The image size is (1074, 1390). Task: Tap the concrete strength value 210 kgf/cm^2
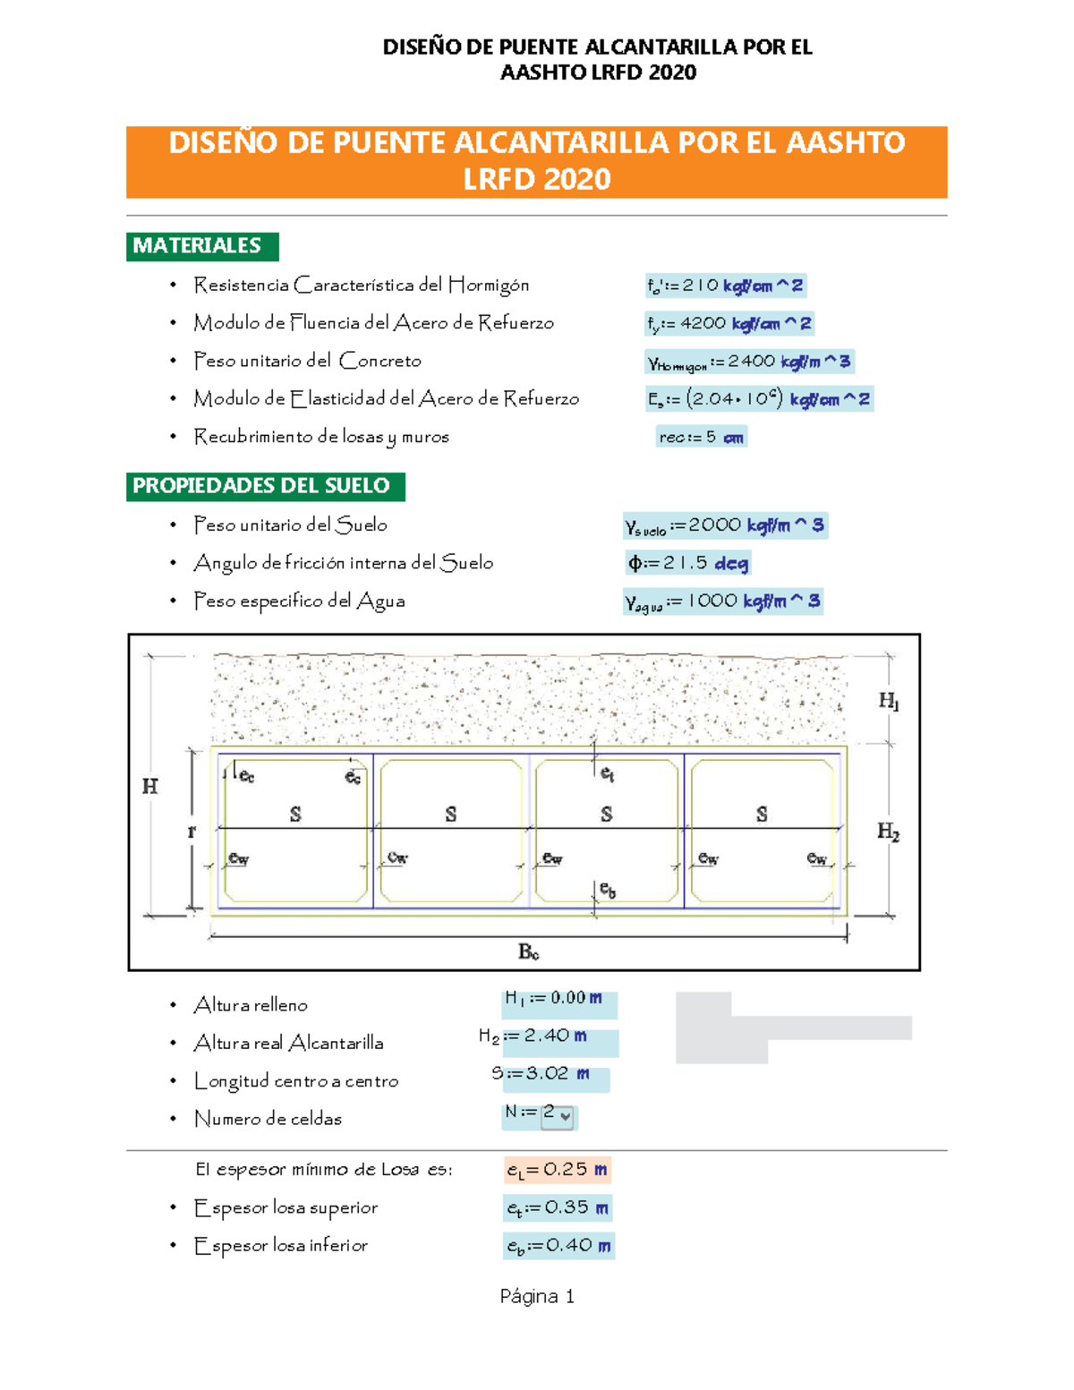tap(726, 286)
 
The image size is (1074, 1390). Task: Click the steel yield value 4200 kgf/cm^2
tap(729, 323)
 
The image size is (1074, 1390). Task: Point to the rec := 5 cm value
tap(701, 437)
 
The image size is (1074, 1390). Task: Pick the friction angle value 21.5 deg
tap(688, 563)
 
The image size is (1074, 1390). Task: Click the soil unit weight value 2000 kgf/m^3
tap(725, 525)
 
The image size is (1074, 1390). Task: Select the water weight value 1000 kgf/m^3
tap(723, 601)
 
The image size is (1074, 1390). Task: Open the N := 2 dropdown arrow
tap(566, 1116)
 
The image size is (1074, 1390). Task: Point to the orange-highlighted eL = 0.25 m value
tap(558, 1170)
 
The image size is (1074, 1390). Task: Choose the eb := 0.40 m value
tap(558, 1245)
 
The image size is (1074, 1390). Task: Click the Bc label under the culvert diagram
tap(529, 951)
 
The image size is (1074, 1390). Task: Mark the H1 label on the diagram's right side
tap(888, 702)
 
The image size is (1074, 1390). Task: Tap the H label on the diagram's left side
tap(149, 786)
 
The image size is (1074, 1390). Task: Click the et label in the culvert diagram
tap(607, 772)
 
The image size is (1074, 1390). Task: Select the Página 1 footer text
tap(537, 1296)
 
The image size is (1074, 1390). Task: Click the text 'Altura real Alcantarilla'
tap(289, 1043)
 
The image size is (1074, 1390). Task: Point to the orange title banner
tap(537, 161)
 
